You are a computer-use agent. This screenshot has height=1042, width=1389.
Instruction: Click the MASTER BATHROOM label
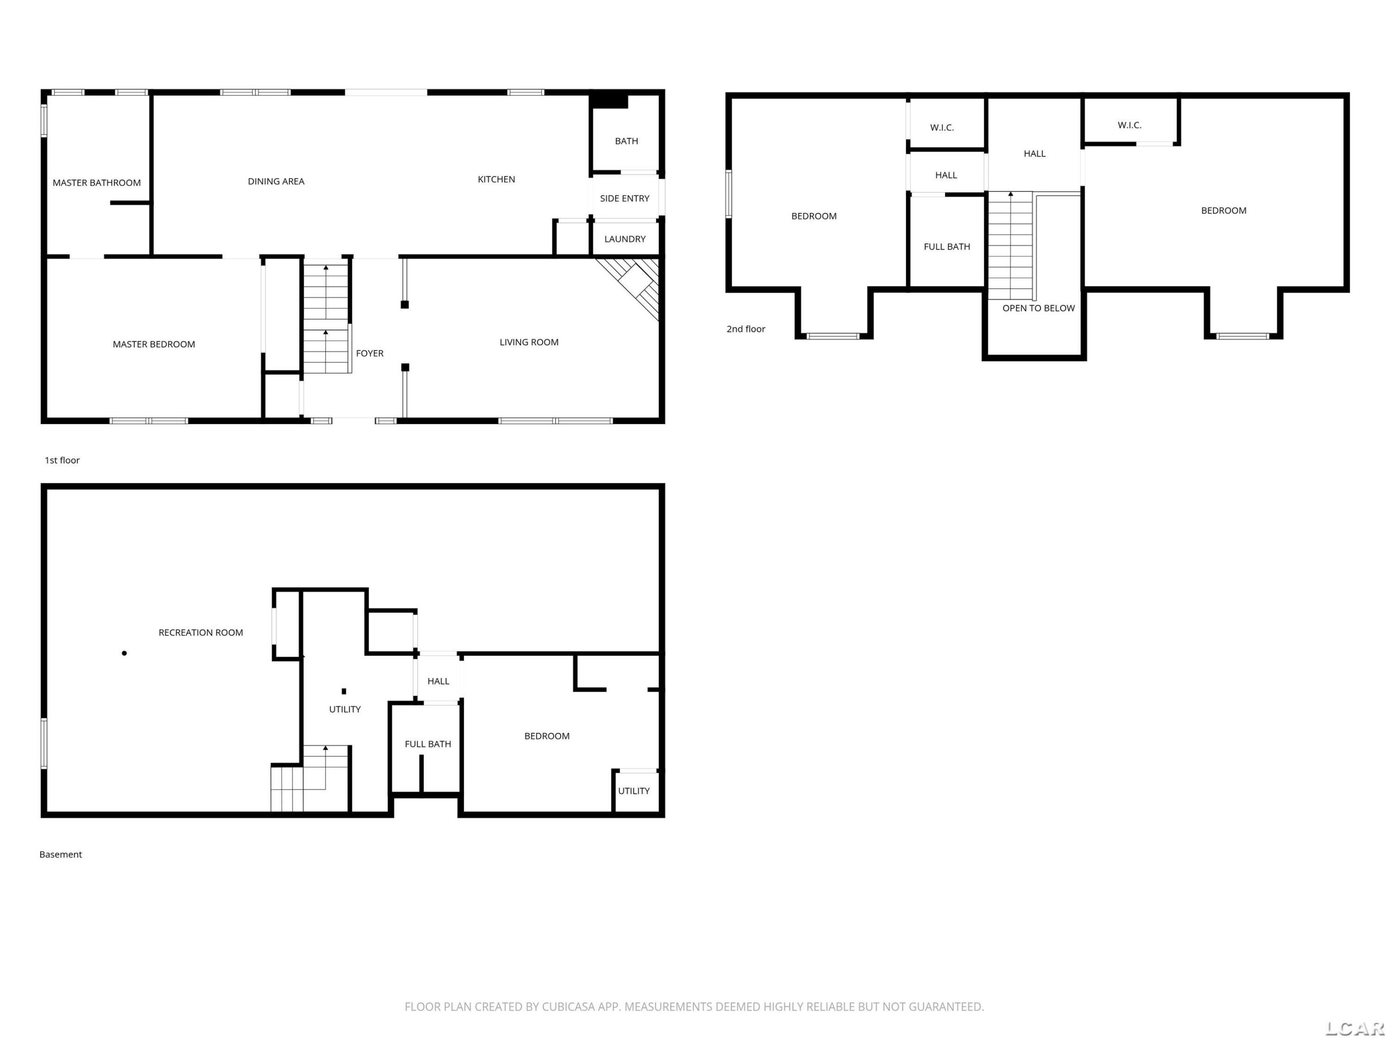(97, 183)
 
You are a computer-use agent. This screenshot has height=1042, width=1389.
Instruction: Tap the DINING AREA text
(276, 182)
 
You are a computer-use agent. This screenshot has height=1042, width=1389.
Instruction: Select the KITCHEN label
(496, 180)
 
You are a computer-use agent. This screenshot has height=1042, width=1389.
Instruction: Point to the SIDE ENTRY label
(625, 199)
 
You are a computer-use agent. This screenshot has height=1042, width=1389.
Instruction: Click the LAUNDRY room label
(625, 239)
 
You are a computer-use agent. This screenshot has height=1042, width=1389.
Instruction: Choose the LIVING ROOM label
(529, 342)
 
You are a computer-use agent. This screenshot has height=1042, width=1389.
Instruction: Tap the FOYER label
(370, 354)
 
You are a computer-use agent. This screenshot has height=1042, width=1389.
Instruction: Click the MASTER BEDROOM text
(154, 344)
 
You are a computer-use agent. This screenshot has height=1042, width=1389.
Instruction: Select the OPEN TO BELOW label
(1039, 308)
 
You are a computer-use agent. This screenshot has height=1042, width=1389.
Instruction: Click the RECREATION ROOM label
(201, 633)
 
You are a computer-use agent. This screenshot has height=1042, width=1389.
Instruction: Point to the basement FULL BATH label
(428, 744)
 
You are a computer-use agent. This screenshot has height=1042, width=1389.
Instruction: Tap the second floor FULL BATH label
(947, 247)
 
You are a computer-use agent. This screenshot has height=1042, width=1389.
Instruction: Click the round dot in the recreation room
(125, 653)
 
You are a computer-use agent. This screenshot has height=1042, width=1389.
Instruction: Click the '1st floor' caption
(62, 460)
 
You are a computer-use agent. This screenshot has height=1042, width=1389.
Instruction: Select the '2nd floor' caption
(746, 329)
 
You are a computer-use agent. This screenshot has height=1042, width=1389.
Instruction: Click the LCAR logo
(1354, 1028)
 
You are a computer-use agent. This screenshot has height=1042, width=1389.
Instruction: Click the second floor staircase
(1010, 245)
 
